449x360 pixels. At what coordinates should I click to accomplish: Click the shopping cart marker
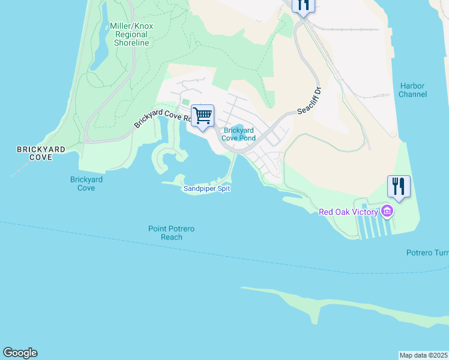tap(203, 115)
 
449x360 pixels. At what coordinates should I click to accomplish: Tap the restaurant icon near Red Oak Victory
tap(399, 186)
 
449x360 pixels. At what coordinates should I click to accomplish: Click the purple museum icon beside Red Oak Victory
tap(387, 211)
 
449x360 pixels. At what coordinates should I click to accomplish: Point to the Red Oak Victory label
tap(348, 212)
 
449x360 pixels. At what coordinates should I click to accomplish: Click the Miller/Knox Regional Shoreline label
tap(129, 34)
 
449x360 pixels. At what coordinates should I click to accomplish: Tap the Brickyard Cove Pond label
tap(239, 134)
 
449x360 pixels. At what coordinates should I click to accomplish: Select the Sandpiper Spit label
tap(206, 188)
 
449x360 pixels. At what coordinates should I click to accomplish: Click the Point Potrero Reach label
tap(172, 233)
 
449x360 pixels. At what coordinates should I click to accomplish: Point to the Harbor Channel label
tap(412, 90)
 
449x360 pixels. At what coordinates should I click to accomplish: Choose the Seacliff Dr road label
tap(310, 103)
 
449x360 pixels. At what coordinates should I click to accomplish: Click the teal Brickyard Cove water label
tap(86, 184)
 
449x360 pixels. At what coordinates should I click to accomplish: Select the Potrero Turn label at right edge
tap(427, 253)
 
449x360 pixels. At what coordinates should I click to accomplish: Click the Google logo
tap(20, 353)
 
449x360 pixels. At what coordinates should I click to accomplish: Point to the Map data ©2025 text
tap(424, 355)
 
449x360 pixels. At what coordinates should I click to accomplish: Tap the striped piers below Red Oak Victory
tap(376, 225)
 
